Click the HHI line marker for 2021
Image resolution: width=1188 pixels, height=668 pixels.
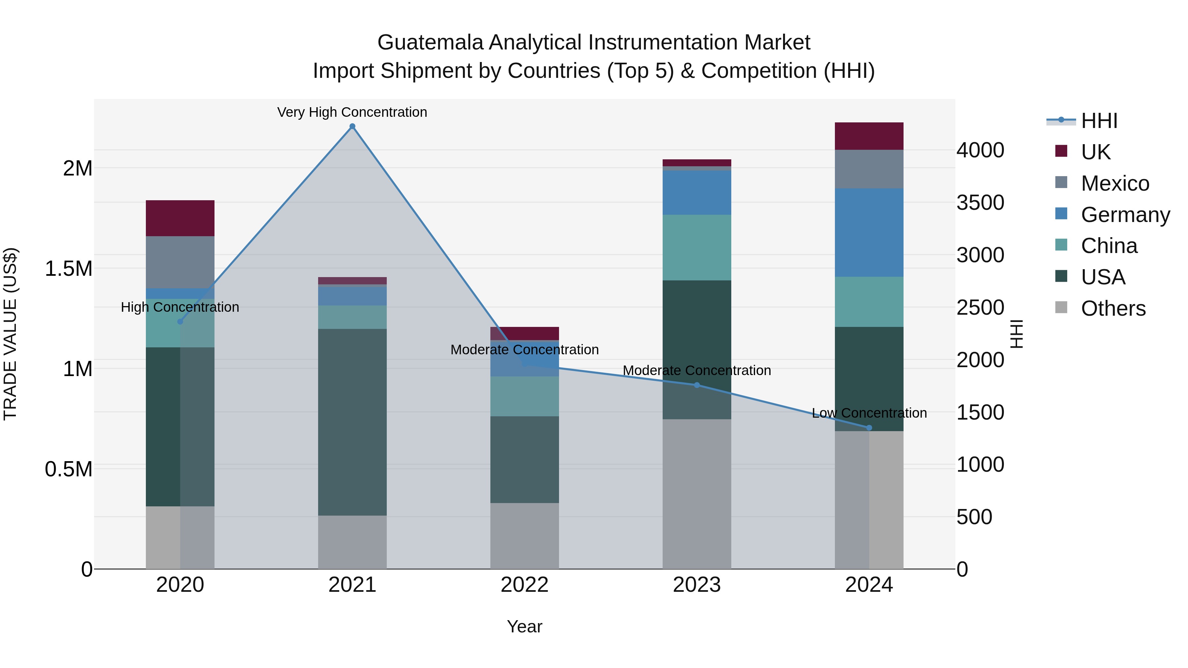352,126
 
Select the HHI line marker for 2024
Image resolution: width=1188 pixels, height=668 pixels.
869,428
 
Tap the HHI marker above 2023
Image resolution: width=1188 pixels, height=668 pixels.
697,385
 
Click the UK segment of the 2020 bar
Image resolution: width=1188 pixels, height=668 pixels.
180,218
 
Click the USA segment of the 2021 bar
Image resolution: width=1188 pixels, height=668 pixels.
352,422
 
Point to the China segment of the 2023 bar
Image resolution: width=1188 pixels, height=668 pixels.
697,247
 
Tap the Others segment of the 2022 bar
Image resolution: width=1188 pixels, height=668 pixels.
524,536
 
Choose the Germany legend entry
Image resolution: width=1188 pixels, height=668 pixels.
1125,215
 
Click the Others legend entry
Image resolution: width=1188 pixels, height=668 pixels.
1113,308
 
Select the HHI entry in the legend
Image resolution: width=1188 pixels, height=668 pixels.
1099,121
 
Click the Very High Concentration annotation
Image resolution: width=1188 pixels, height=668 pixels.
352,112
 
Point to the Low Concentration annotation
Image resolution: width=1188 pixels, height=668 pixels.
869,413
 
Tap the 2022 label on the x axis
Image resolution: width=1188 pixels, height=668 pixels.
524,585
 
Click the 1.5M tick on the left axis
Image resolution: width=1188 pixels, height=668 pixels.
68,268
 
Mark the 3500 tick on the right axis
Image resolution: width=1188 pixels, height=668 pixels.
980,203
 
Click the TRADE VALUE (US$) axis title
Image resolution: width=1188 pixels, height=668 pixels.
10,334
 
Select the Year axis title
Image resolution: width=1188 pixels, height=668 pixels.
524,626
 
